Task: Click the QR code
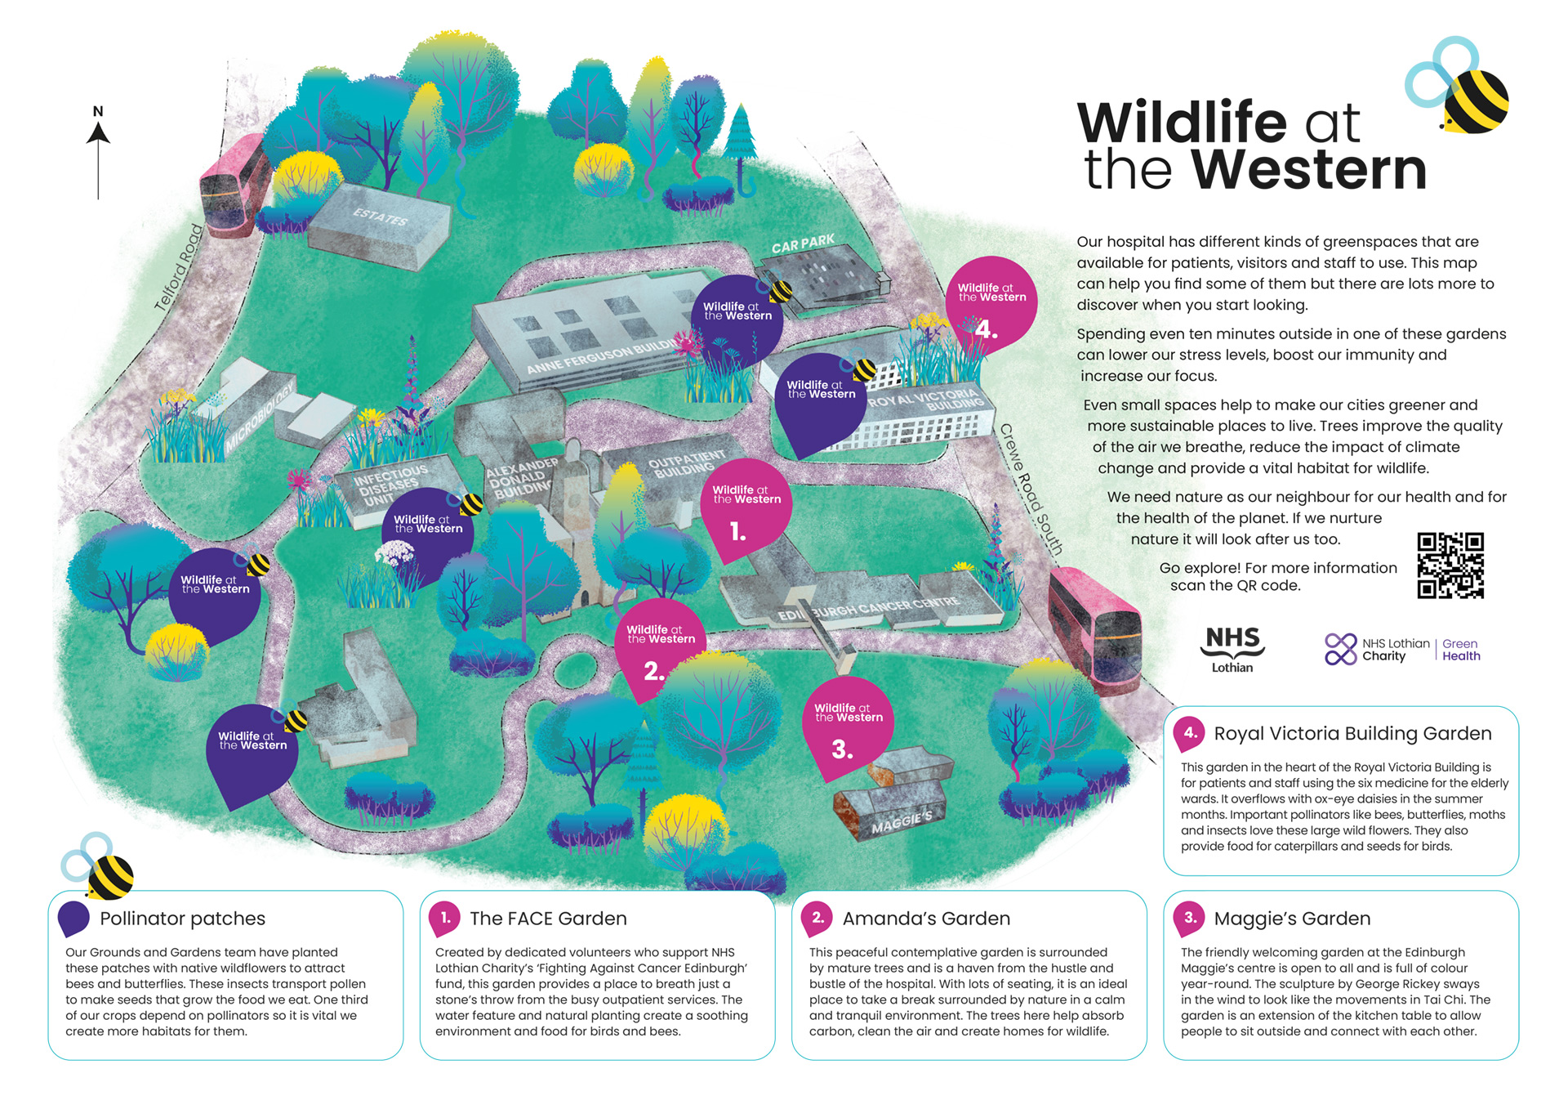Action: (x=1450, y=566)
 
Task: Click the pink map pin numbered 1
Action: (x=746, y=510)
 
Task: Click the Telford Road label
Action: (x=179, y=267)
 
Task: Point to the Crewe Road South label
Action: (x=1031, y=490)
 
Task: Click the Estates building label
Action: (x=380, y=217)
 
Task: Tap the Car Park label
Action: (x=803, y=244)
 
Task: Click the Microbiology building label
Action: (x=259, y=417)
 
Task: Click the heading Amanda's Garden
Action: (x=926, y=919)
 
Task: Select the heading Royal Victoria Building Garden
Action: (x=1352, y=734)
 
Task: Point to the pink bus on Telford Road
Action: (x=234, y=186)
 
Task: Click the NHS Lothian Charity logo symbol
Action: (x=1340, y=650)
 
